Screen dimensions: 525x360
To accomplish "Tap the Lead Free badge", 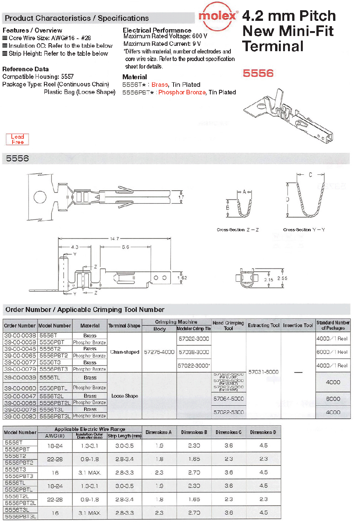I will pyautogui.click(x=17, y=139).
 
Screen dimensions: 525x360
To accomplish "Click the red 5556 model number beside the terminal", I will pyautogui.click(x=258, y=73).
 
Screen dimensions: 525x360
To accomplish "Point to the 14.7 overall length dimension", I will pyautogui.click(x=114, y=239).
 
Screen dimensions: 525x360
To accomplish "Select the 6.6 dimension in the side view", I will pyautogui.click(x=125, y=247).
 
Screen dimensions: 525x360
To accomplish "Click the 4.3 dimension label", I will pyautogui.click(x=75, y=247).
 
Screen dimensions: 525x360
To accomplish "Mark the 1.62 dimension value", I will pyautogui.click(x=182, y=278).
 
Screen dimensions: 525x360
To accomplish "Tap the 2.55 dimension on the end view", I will pyautogui.click(x=282, y=278).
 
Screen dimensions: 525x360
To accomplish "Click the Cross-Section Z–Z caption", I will pyautogui.click(x=238, y=230).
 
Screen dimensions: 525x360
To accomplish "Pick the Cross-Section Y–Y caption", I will pyautogui.click(x=304, y=230).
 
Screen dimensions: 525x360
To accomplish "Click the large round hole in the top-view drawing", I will pyautogui.click(x=40, y=197).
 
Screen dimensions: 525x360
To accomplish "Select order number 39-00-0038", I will pyautogui.click(x=20, y=335).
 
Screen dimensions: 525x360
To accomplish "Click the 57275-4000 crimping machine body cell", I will pyautogui.click(x=159, y=352).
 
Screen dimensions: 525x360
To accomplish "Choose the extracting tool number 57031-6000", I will pyautogui.click(x=263, y=372).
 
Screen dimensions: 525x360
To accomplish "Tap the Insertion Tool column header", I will pyautogui.click(x=298, y=325).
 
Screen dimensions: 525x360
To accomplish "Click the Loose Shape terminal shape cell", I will pyautogui.click(x=125, y=396).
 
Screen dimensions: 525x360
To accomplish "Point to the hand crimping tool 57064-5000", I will pyautogui.click(x=229, y=399).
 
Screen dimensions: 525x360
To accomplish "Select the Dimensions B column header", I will pyautogui.click(x=194, y=432).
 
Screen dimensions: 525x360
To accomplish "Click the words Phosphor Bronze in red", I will pyautogui.click(x=182, y=92).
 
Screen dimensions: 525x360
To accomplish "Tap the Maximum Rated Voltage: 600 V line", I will pyautogui.click(x=165, y=36).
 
